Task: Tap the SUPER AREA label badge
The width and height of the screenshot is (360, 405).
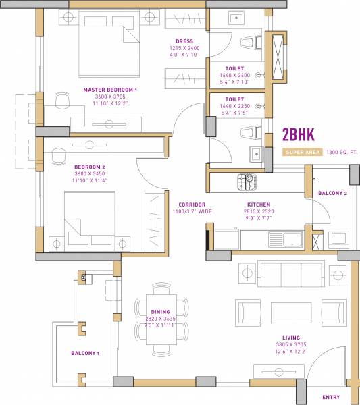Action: pos(303,153)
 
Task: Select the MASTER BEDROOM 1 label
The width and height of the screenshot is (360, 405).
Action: pos(110,90)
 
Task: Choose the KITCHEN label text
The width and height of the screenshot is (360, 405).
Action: pos(259,204)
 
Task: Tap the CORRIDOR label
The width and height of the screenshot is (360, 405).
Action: pos(192,204)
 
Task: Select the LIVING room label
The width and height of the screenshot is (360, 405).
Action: pos(292,337)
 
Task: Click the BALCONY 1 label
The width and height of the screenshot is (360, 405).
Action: pos(85,353)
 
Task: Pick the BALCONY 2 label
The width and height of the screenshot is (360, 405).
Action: pos(332,194)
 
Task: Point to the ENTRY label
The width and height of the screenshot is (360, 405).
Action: pos(331,397)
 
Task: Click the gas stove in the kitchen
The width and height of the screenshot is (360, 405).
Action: pos(245,181)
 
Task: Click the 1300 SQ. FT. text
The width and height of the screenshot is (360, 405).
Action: pos(342,153)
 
